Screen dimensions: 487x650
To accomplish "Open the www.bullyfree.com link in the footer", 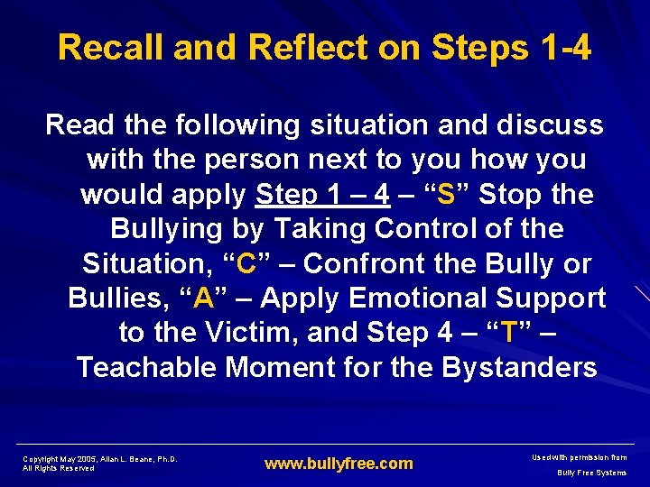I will [339, 464].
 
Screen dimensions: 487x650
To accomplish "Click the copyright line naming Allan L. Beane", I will [100, 459].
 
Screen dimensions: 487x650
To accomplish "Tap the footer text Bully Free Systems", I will [591, 473].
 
